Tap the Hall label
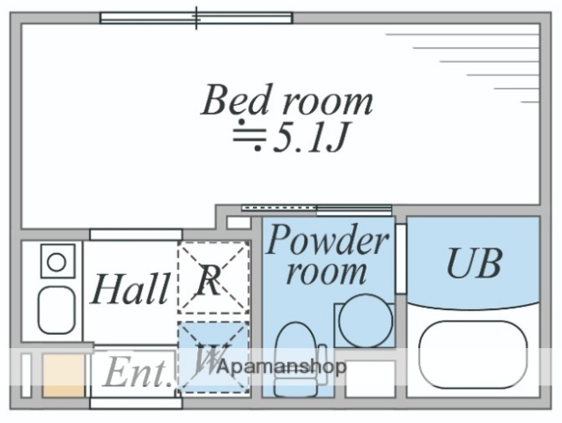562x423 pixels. click(x=131, y=288)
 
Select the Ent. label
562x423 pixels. click(x=137, y=373)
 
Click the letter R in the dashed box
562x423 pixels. click(x=209, y=281)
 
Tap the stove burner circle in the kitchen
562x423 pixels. click(x=55, y=261)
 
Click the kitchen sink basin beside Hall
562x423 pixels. click(x=56, y=308)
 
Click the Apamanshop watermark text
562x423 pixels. click(x=283, y=366)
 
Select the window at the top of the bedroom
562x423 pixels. click(x=196, y=17)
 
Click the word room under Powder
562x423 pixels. click(x=328, y=271)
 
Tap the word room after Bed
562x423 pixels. click(x=325, y=100)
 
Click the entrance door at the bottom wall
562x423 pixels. click(x=135, y=403)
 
